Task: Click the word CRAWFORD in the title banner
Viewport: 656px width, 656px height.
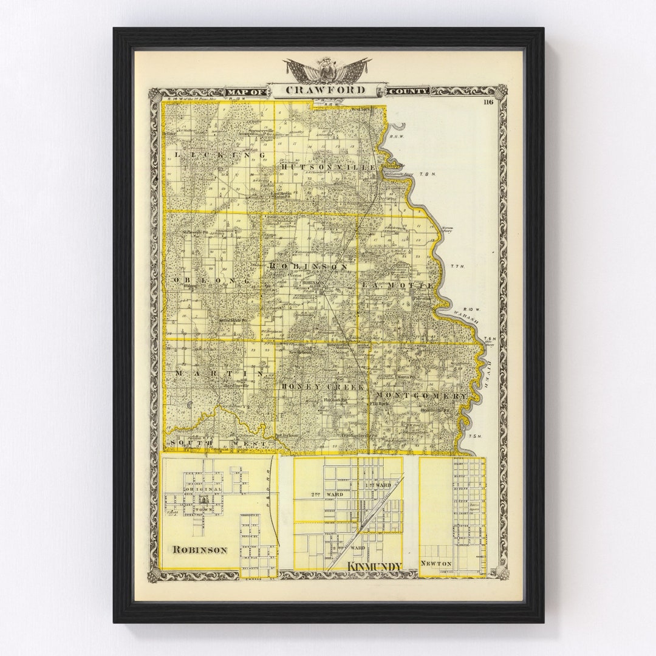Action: (327, 91)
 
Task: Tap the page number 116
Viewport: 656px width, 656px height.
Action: (488, 102)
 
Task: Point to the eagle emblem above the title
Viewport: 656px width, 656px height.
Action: (327, 69)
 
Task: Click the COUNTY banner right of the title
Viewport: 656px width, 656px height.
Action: (408, 91)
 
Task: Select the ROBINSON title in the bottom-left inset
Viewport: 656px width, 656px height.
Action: (200, 550)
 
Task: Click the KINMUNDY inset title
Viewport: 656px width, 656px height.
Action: (374, 567)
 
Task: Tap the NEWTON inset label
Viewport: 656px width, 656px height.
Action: (436, 564)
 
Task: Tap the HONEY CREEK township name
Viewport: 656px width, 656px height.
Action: (323, 387)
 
